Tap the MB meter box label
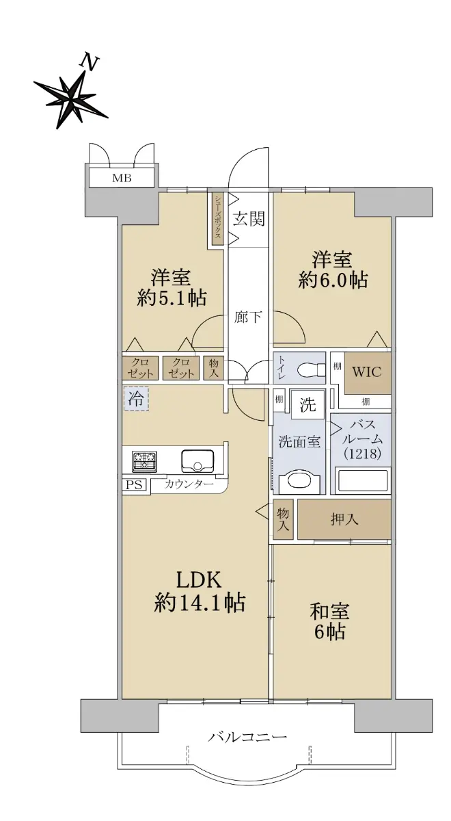tap(122, 179)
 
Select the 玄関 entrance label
tap(249, 220)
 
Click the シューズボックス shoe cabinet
tap(218, 219)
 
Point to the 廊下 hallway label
tap(249, 317)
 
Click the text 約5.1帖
tap(172, 298)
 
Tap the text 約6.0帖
tap(333, 281)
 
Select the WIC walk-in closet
tap(367, 373)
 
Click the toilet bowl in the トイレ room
tap(312, 370)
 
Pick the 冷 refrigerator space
tap(136, 398)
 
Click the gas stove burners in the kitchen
tap(144, 461)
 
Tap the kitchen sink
tap(197, 461)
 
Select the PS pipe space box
tap(134, 485)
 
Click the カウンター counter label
tap(189, 484)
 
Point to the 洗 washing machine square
tap(307, 404)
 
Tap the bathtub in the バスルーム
tap(362, 481)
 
